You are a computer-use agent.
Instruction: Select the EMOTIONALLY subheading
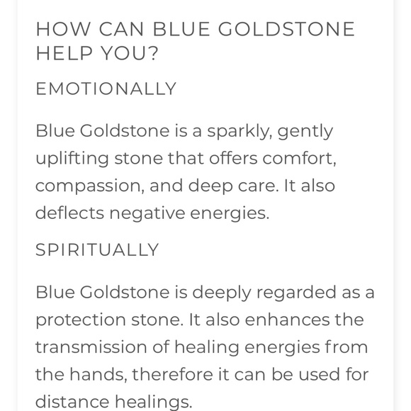(106, 89)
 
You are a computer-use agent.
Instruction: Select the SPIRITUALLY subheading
(97, 250)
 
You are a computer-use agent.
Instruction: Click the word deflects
(67, 212)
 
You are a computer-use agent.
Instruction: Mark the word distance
(68, 401)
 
